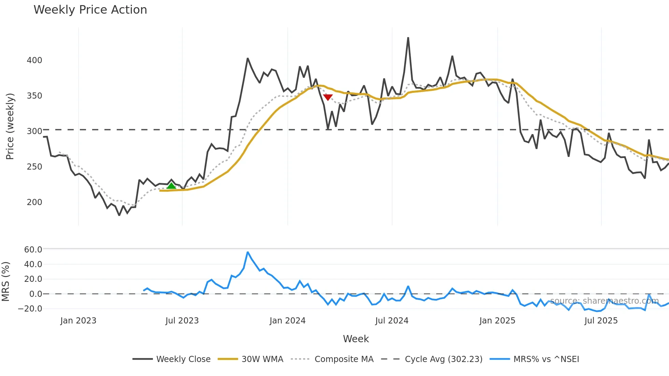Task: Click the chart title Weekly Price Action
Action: tap(90, 10)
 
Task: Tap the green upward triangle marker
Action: tap(171, 186)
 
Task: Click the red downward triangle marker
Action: tap(328, 98)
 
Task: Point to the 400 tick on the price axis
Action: tap(34, 60)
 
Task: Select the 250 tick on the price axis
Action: tap(34, 167)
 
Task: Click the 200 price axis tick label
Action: tap(34, 202)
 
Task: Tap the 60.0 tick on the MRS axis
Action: tap(33, 250)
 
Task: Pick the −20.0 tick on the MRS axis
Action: tap(30, 309)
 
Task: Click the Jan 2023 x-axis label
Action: tap(78, 321)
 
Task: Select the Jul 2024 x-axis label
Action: tap(392, 321)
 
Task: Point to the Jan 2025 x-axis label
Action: tap(497, 321)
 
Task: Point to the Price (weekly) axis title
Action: tap(10, 126)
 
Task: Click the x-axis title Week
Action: tap(356, 339)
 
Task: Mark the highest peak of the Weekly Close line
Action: tap(408, 38)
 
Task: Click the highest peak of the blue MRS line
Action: tap(248, 252)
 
